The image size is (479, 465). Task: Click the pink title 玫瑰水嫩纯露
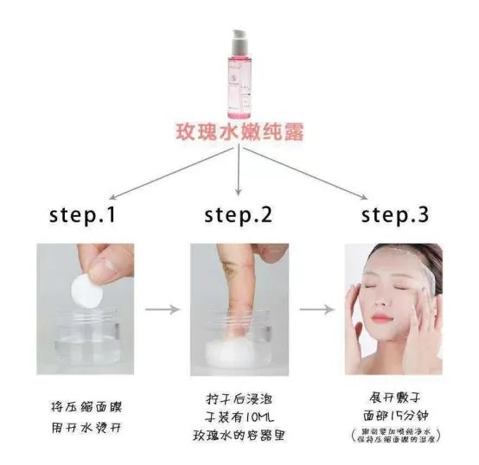point(239,135)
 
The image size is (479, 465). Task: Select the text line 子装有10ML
point(239,421)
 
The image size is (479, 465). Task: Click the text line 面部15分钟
point(393,418)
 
